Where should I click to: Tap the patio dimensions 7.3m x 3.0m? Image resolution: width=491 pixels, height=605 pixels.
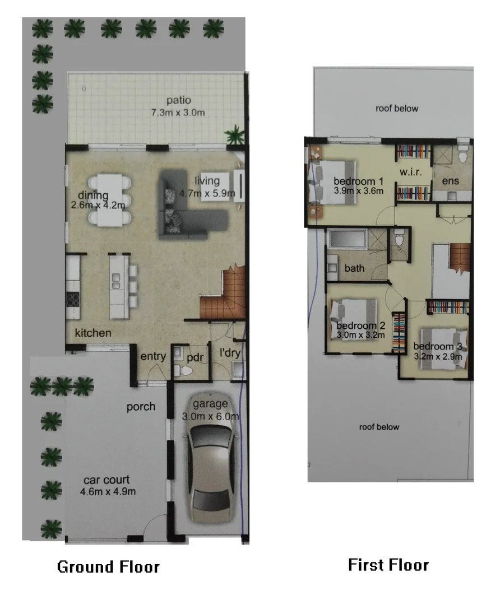pos(178,113)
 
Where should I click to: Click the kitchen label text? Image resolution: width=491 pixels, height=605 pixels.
pos(93,333)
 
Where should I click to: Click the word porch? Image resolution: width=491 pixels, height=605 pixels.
pos(141,407)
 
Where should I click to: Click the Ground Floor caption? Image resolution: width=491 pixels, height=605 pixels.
pos(108,567)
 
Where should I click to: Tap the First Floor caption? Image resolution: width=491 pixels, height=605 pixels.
pos(388,564)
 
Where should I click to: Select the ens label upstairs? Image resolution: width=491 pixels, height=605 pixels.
pos(450,182)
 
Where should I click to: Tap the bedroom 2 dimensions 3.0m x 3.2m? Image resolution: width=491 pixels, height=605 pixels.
pos(360,336)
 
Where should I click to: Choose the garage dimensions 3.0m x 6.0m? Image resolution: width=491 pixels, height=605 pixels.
pos(211,416)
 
